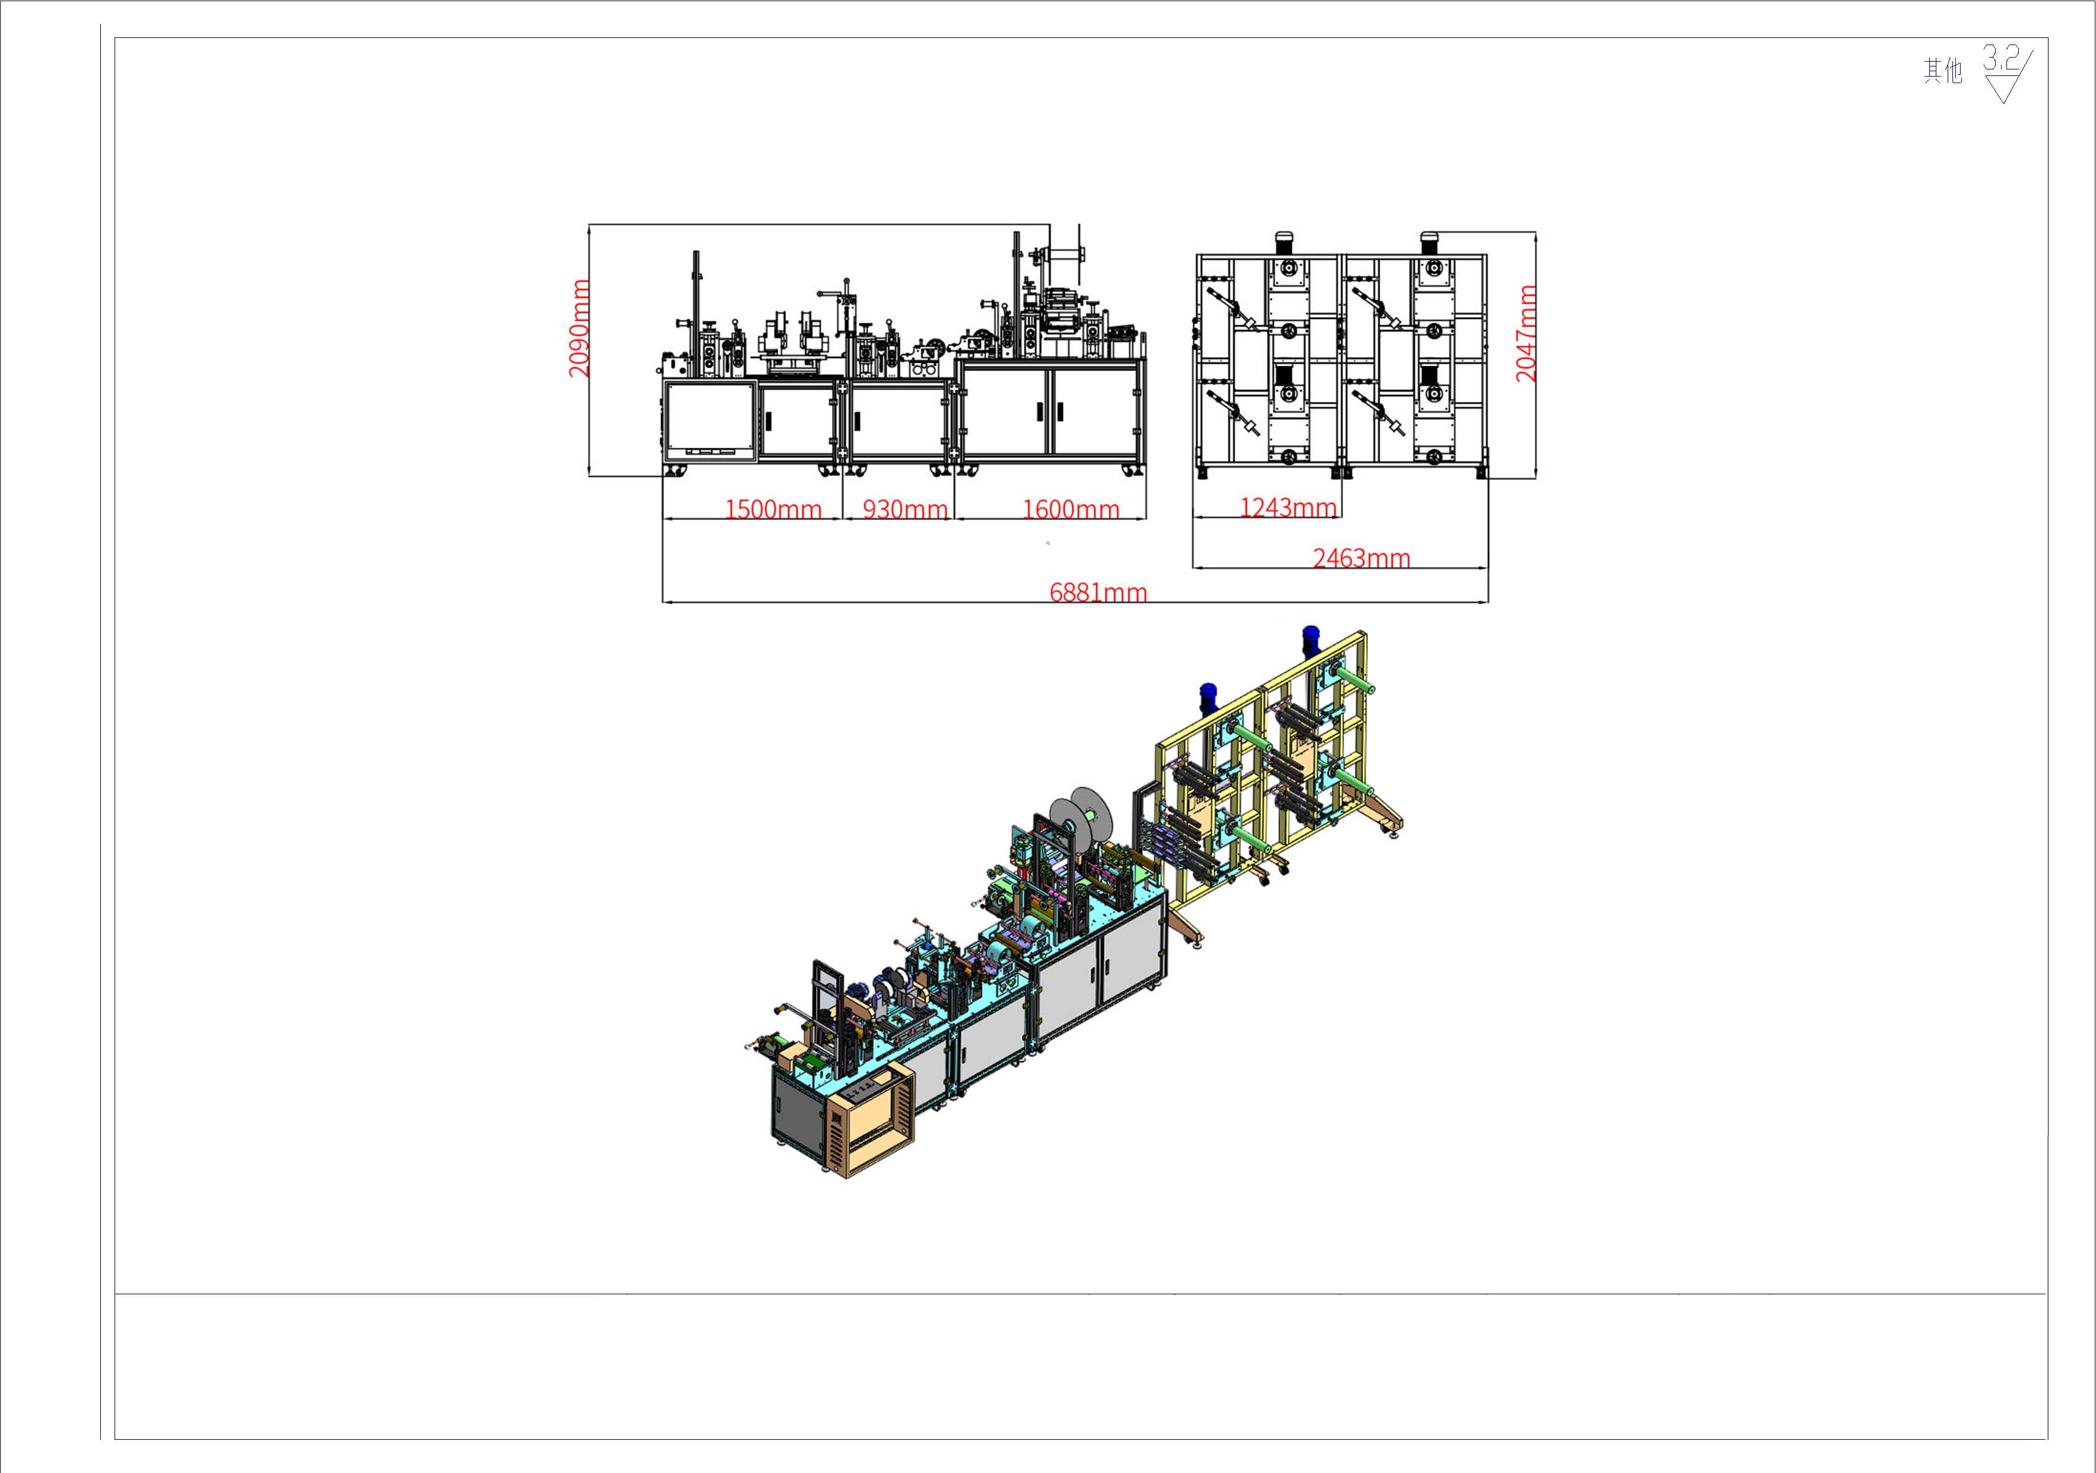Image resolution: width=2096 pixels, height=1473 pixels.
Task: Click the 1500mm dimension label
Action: click(773, 509)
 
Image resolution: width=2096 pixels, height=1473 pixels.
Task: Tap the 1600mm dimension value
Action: click(1071, 509)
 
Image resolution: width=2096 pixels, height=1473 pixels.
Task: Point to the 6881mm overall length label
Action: click(1098, 592)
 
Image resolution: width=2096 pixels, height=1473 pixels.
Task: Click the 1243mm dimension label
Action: click(1288, 507)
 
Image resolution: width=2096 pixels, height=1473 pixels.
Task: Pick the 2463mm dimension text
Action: click(1361, 557)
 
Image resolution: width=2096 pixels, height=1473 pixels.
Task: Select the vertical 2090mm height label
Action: click(579, 328)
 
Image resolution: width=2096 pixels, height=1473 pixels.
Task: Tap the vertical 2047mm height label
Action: click(1526, 332)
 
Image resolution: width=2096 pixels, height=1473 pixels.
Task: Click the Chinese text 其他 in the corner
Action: click(1943, 70)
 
